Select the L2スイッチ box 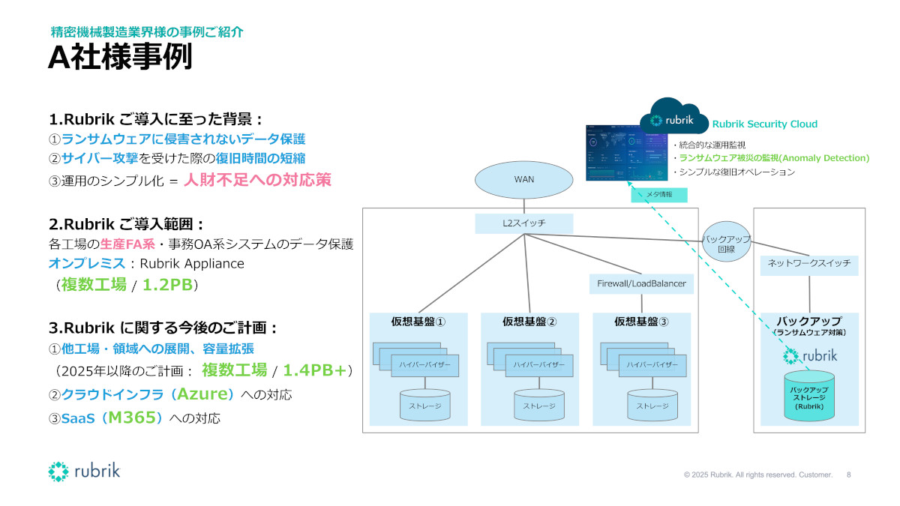click(523, 223)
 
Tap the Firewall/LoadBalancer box click(641, 284)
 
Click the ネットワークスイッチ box click(809, 265)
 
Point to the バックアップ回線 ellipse click(726, 244)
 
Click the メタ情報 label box click(658, 194)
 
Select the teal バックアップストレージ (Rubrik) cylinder click(809, 395)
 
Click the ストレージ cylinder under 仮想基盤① click(424, 404)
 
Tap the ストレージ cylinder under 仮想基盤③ click(652, 404)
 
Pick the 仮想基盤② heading click(529, 322)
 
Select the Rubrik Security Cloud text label click(764, 124)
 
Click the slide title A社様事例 click(120, 58)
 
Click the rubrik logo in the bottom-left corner click(84, 472)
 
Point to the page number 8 click(849, 475)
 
